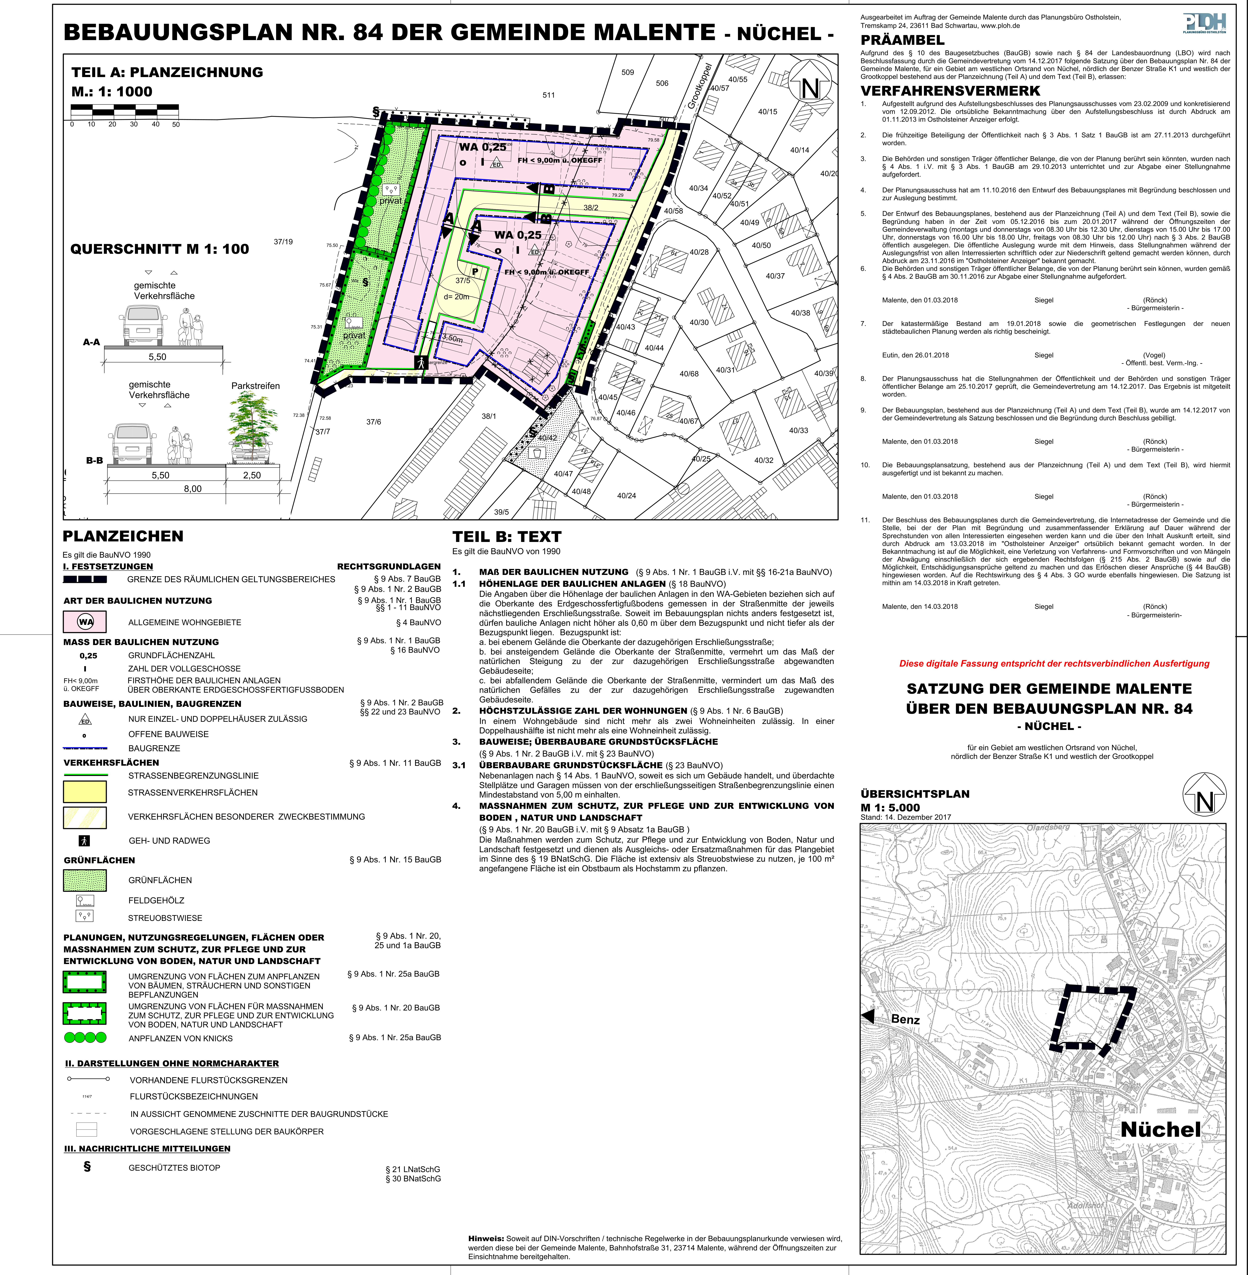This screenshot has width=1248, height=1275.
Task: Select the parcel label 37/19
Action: coord(283,242)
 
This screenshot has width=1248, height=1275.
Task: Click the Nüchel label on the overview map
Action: coord(1160,1130)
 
